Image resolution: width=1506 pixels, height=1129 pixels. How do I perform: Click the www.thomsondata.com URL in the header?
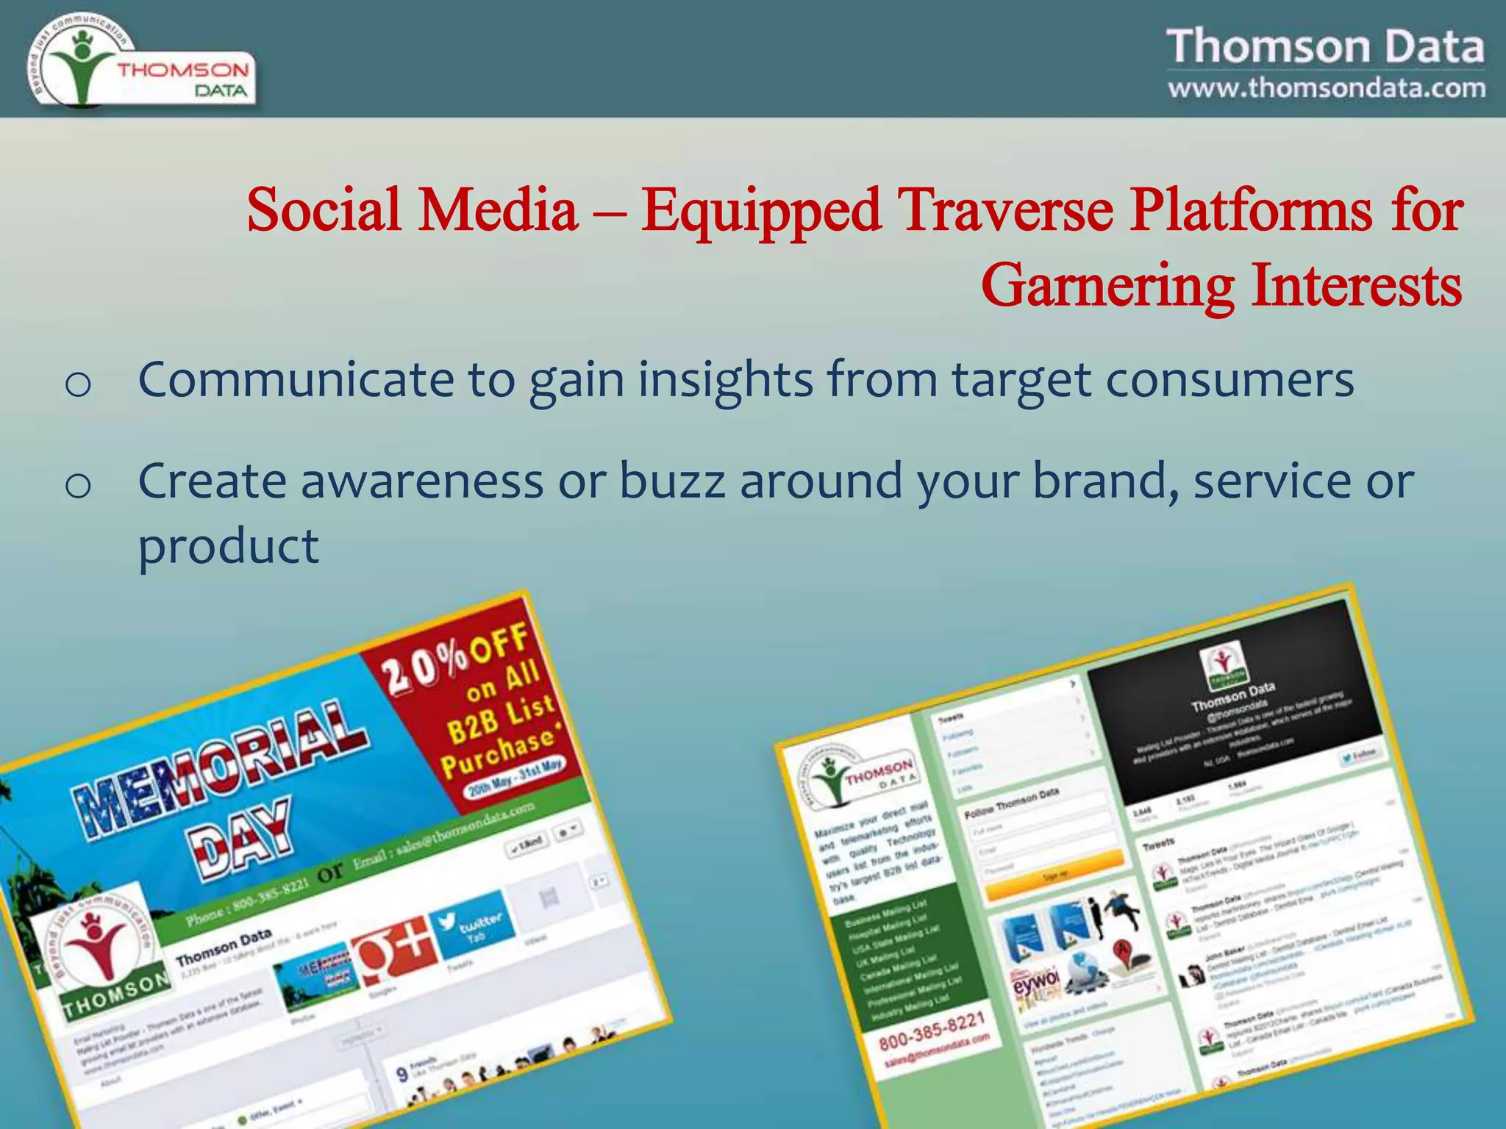click(x=1326, y=88)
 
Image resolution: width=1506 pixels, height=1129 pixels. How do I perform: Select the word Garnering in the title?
click(x=1107, y=286)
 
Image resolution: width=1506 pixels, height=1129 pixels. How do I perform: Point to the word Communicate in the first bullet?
click(x=296, y=380)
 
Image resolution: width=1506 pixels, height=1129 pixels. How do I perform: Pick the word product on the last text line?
click(x=228, y=547)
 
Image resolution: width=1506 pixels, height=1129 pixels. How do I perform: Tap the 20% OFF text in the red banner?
click(x=456, y=658)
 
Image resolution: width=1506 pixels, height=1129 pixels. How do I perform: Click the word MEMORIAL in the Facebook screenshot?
click(x=221, y=768)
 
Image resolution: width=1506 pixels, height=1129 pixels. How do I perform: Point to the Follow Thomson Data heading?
click(x=1012, y=803)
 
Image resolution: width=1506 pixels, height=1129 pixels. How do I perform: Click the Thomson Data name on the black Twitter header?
click(x=1233, y=695)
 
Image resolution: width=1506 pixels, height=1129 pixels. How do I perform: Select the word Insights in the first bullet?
click(x=725, y=380)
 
